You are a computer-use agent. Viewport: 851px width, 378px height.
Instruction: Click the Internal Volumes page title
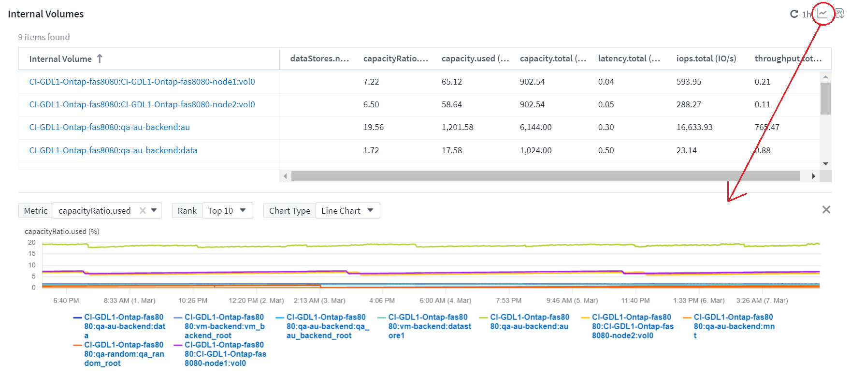pyautogui.click(x=46, y=14)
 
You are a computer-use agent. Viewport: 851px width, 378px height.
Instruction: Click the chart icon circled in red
pyautogui.click(x=822, y=14)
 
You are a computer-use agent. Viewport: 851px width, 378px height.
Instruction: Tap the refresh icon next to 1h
pyautogui.click(x=794, y=14)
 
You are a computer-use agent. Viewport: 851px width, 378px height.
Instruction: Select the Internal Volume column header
pyautogui.click(x=60, y=59)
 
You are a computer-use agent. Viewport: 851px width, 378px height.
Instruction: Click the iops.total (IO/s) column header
pyautogui.click(x=706, y=58)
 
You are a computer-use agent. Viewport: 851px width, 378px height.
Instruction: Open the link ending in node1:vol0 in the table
pyautogui.click(x=142, y=82)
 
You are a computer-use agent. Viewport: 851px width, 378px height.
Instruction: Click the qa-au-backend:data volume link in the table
pyautogui.click(x=113, y=150)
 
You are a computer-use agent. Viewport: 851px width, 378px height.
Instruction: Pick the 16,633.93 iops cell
pyautogui.click(x=694, y=127)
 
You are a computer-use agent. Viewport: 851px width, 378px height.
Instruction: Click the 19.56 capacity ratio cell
pyautogui.click(x=374, y=127)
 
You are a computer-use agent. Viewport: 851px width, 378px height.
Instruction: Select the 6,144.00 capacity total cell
pyautogui.click(x=535, y=127)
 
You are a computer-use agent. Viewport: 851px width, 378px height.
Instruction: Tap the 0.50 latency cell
pyautogui.click(x=606, y=150)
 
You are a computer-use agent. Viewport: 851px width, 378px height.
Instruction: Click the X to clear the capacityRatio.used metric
pyautogui.click(x=143, y=211)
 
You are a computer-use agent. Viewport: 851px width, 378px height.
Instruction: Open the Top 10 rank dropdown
pyautogui.click(x=227, y=211)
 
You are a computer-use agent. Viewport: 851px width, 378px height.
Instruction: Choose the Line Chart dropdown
pyautogui.click(x=347, y=211)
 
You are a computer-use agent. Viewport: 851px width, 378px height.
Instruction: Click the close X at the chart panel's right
pyautogui.click(x=826, y=210)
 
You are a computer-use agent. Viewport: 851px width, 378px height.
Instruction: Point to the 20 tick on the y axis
pyautogui.click(x=32, y=242)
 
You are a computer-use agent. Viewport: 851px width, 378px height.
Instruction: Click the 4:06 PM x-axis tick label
pyautogui.click(x=382, y=300)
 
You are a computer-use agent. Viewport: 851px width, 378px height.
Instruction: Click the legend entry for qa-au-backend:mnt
pyautogui.click(x=734, y=326)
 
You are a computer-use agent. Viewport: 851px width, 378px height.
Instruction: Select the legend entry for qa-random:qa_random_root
pyautogui.click(x=123, y=354)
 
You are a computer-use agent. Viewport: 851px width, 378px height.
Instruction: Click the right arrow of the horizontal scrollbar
pyautogui.click(x=814, y=176)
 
